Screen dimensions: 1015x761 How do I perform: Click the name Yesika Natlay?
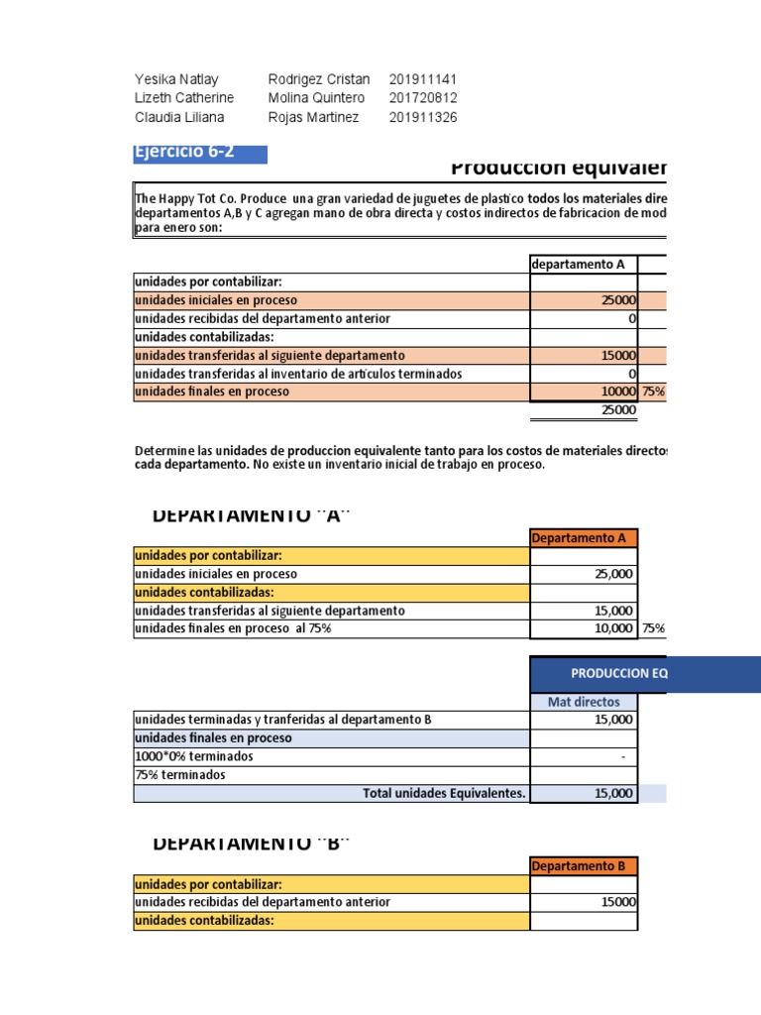point(176,79)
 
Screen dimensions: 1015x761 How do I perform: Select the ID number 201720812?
point(423,98)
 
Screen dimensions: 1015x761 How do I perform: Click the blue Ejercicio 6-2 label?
point(199,153)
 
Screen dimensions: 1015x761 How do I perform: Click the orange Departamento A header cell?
point(584,538)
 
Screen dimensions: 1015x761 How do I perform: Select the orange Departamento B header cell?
point(584,865)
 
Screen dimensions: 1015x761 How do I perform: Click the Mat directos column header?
point(584,702)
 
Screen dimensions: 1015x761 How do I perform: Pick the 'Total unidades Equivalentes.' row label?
point(445,792)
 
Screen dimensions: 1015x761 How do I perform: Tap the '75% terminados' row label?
point(179,774)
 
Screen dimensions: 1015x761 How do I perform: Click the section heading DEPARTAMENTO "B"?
point(253,843)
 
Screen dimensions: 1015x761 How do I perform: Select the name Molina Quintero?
point(316,98)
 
